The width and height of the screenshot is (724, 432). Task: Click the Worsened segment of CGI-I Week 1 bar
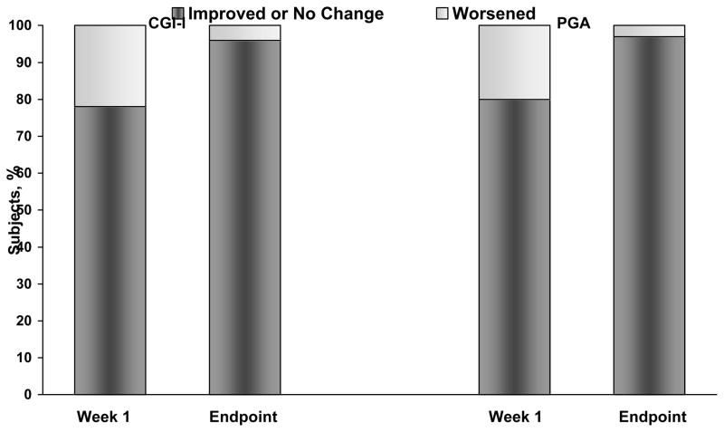110,66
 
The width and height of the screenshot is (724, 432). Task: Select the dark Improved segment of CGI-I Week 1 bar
110,250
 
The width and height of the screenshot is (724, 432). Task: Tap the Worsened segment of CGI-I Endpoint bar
244,33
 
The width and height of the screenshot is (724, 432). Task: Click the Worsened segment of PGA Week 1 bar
514,62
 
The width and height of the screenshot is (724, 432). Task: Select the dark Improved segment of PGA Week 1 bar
514,246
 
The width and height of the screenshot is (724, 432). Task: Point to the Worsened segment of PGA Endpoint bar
649,31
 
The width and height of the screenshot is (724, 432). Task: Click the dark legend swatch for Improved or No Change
177,14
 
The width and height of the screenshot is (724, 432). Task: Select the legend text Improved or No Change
286,14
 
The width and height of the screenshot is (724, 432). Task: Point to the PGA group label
573,24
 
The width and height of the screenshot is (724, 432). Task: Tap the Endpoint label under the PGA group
653,418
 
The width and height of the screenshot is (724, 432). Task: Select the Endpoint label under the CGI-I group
244,418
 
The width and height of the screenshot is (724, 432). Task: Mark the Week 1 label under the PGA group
515,418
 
